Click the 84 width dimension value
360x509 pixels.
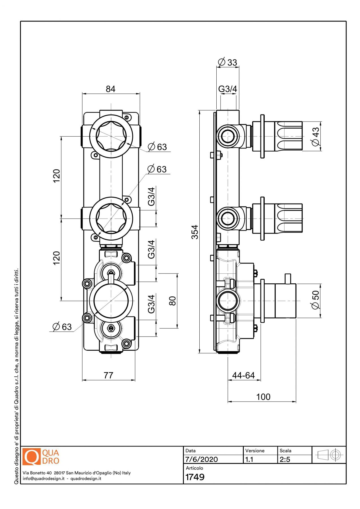[x=111, y=89]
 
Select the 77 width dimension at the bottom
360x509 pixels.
[x=108, y=376]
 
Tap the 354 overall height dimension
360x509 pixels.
[x=195, y=232]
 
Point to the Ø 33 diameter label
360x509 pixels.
[x=228, y=62]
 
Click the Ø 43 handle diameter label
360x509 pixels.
[x=316, y=137]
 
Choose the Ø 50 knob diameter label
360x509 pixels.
[x=315, y=300]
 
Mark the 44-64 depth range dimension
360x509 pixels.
[x=243, y=376]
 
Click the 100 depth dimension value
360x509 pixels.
[x=263, y=397]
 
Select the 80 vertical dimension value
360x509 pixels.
[x=173, y=301]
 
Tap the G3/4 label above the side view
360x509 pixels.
[x=227, y=89]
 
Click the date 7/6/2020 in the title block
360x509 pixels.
[x=201, y=459]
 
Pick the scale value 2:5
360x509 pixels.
[x=285, y=459]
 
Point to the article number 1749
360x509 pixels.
[x=195, y=477]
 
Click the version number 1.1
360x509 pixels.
[x=249, y=459]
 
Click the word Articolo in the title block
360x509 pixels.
[x=194, y=468]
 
